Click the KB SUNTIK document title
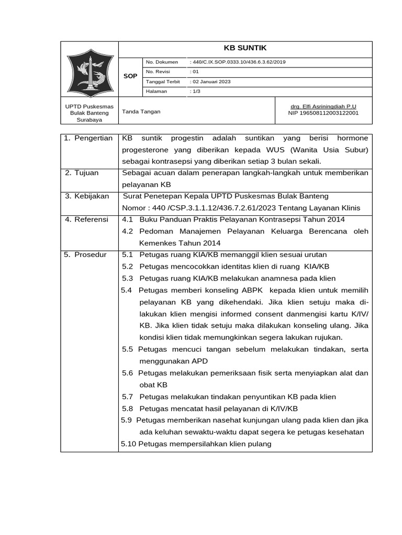point(245,48)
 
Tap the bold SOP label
point(130,76)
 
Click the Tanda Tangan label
point(141,112)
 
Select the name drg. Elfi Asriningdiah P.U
point(323,106)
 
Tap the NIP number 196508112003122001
point(323,113)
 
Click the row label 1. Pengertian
point(88,138)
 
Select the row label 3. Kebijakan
point(87,196)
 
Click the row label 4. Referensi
point(86,219)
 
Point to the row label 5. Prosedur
point(85,255)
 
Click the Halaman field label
point(156,91)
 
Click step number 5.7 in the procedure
point(128,397)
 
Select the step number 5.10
point(128,444)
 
